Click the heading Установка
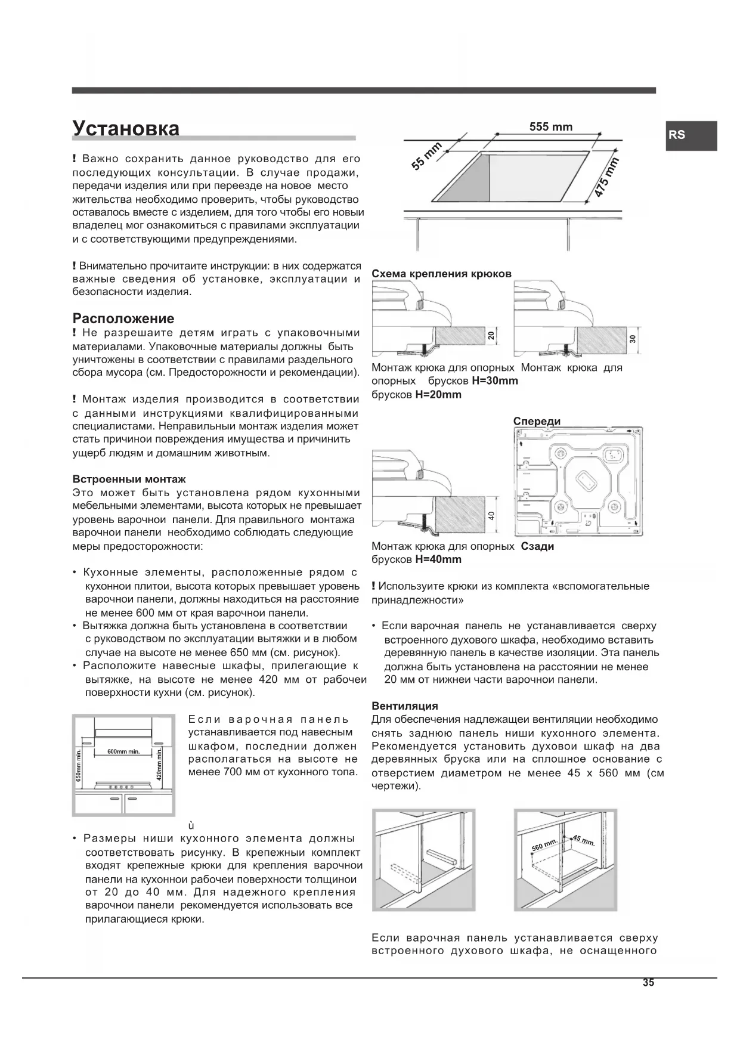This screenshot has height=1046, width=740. point(126,128)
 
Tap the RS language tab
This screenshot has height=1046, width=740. point(677,135)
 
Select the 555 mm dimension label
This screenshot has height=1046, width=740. point(550,127)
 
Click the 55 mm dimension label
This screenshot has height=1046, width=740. point(426,157)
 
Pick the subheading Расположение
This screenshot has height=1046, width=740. point(123,318)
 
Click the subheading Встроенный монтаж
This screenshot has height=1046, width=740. point(129,479)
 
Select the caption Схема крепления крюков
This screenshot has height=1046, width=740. point(441,274)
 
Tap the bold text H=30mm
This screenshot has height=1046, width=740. point(495,381)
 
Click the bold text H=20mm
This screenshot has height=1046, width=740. point(438,395)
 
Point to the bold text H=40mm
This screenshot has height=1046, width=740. point(438,559)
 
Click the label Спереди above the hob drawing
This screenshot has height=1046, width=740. point(537,421)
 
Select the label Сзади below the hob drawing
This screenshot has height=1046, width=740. point(537,546)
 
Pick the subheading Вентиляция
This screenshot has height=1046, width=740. point(405,706)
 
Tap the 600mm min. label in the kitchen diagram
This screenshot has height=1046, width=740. point(123,751)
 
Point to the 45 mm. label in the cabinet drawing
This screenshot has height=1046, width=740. point(583,841)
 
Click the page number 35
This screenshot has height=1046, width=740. point(648,983)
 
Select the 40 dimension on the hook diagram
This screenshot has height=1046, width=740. point(491,515)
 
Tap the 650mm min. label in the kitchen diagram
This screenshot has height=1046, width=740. point(78,765)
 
